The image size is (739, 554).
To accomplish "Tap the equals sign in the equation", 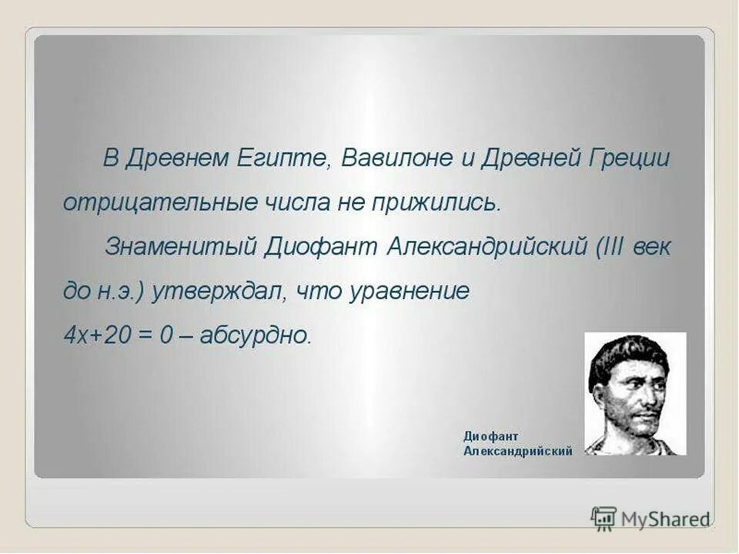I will (142, 335).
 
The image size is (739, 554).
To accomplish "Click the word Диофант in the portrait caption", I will (491, 436).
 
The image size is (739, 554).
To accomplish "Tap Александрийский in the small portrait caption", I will (517, 452).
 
